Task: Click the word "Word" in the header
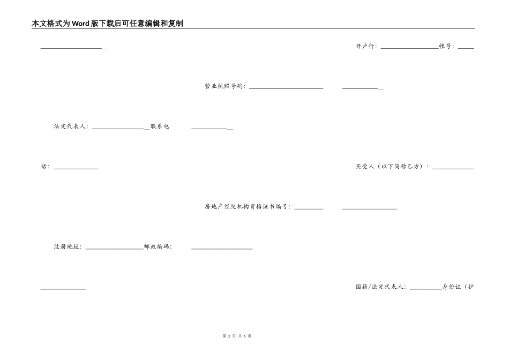coord(80,24)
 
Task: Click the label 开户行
coord(365,46)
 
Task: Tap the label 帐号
coord(445,46)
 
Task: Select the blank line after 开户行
coord(410,48)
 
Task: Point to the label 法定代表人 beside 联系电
coord(70,126)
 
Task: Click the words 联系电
coord(160,126)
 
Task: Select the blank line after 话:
coord(76,169)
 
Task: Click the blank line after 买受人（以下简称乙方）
coord(453,169)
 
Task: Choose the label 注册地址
coord(66,247)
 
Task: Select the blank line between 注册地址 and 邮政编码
coord(115,249)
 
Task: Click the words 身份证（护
coord(458,287)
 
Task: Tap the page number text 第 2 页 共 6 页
coord(237,336)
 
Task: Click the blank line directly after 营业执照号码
coord(286,88)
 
